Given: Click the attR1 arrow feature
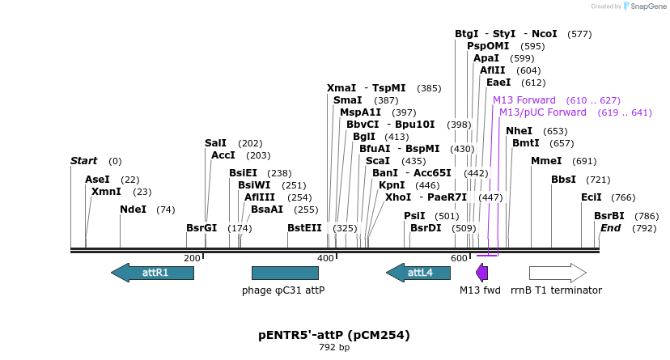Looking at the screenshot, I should (152, 273).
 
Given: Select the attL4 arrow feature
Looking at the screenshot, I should (418, 273).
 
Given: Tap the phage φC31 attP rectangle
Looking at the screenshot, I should (285, 273).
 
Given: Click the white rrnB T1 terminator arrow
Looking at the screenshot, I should (558, 273).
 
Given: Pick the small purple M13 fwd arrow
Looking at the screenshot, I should (482, 273).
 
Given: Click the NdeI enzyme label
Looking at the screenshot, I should (134, 210).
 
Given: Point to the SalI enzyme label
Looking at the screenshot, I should (216, 143).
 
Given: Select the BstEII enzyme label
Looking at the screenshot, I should (304, 228).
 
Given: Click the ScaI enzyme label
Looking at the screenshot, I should (378, 161).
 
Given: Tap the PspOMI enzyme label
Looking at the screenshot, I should (488, 46).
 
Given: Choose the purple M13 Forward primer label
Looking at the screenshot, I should (524, 100).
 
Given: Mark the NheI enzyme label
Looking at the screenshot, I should (519, 131).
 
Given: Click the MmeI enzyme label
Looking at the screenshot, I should (546, 161).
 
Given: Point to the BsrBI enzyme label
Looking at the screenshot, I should (609, 216).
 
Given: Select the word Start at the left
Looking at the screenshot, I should (83, 161).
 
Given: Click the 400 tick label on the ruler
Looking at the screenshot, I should (325, 258).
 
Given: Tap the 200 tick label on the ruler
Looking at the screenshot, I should (192, 258).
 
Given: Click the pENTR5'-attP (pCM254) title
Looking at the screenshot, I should (334, 335).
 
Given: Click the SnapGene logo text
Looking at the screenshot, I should (645, 6).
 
